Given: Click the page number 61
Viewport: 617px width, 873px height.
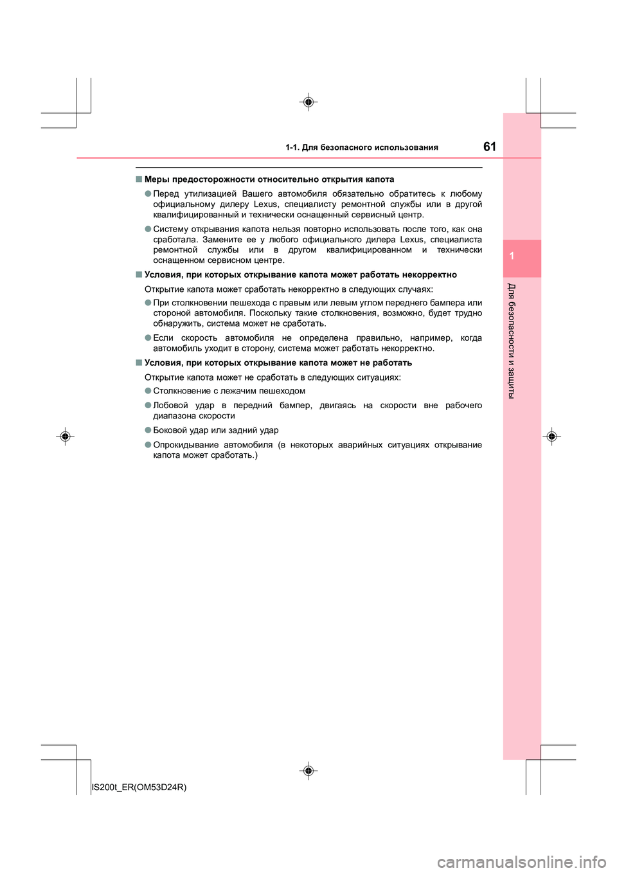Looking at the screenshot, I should [x=489, y=147].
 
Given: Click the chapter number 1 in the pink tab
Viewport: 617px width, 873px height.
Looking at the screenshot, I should [x=512, y=256].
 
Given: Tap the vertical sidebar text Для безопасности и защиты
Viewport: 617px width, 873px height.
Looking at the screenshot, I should [x=512, y=340].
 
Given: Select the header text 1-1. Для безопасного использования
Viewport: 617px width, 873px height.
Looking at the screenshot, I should [x=362, y=147].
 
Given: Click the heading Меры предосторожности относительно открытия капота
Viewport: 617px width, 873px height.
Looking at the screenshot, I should [x=269, y=179].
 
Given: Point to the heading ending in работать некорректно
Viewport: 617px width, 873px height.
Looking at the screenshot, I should [x=300, y=274].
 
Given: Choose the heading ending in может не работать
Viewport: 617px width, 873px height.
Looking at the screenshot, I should [x=278, y=363].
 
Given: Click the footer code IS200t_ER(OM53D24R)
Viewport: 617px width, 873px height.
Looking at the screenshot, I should [x=139, y=787].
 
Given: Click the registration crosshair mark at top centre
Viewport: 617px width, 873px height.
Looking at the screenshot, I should [x=308, y=102].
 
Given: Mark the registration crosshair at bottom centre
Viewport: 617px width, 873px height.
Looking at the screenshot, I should [x=308, y=770].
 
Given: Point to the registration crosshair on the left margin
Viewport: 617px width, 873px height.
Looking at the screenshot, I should [x=65, y=437].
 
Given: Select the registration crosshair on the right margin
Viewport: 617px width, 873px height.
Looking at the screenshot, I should [x=551, y=437].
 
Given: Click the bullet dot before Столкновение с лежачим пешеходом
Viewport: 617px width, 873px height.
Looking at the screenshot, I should [x=148, y=391].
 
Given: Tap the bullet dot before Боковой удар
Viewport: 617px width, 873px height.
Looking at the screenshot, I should [x=148, y=430].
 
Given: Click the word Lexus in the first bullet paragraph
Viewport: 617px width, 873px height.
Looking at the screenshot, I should [x=265, y=204].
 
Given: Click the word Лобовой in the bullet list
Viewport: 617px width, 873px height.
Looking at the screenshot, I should [x=170, y=406].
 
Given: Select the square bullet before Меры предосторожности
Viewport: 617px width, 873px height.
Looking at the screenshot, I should [x=139, y=179].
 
